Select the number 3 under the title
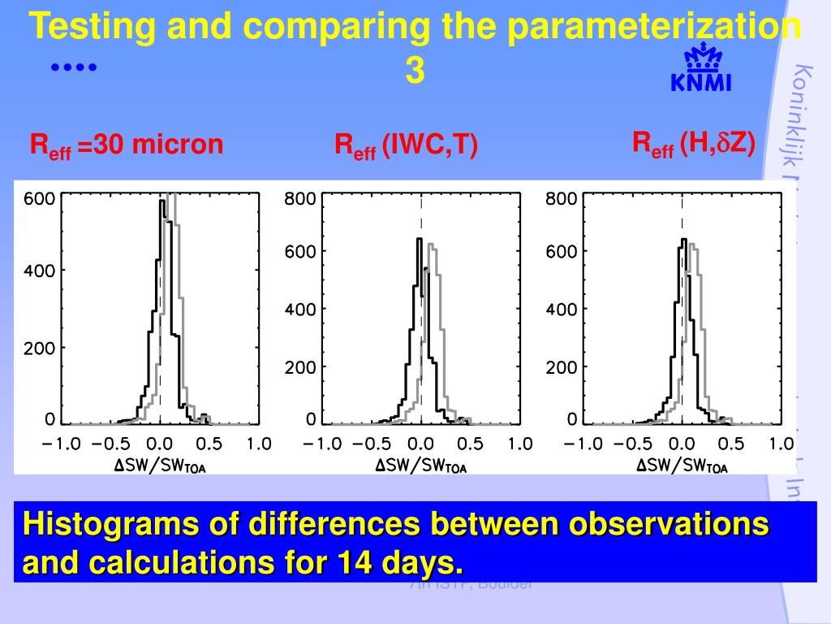414,72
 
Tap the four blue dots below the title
74,68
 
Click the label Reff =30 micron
126,145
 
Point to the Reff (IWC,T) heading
406,146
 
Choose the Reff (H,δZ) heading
694,144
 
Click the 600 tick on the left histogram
38,198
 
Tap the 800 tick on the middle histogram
299,198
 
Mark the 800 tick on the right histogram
561,198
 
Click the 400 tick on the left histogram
38,271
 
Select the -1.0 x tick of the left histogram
62,444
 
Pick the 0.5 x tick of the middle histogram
470,444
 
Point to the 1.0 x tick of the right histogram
781,444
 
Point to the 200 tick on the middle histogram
299,367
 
